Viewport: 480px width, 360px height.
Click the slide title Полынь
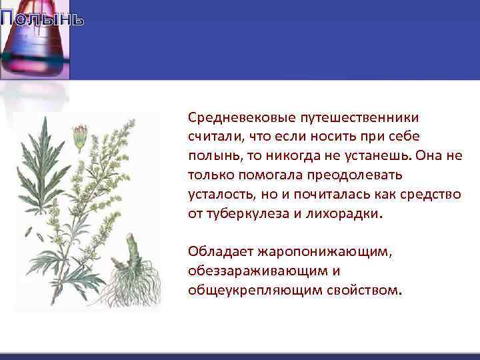(42, 19)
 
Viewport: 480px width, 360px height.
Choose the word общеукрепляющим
(253, 291)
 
